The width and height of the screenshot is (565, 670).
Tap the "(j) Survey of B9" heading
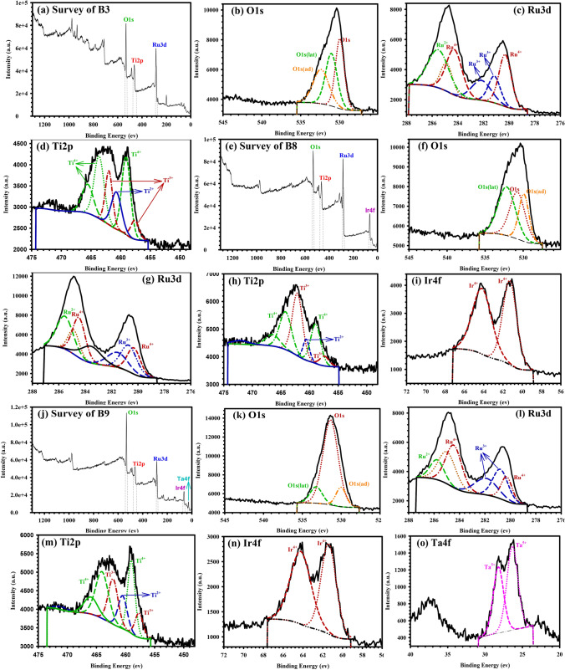tap(72, 410)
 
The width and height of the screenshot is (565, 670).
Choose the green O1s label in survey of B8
tap(314, 149)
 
